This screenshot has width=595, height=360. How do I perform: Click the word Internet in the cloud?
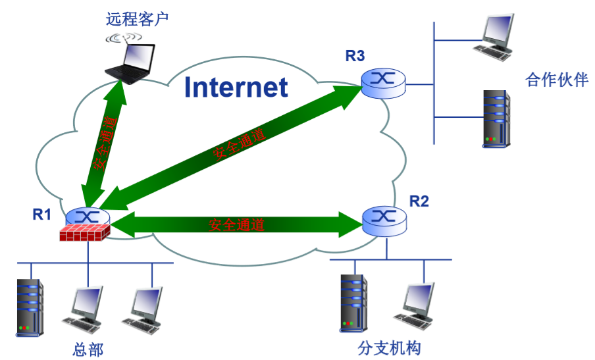[236, 87]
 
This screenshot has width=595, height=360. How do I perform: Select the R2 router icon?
[384, 220]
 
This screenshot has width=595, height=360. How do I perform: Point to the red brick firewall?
[84, 233]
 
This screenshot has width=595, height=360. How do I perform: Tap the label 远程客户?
[138, 18]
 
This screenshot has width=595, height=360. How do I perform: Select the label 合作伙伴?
[556, 80]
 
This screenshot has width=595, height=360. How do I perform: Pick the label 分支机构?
[389, 347]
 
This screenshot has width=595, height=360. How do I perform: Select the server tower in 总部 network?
[30, 307]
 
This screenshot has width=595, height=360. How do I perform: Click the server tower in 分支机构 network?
[354, 302]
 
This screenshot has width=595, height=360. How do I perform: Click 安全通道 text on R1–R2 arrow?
[236, 225]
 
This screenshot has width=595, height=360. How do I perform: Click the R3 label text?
[355, 56]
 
